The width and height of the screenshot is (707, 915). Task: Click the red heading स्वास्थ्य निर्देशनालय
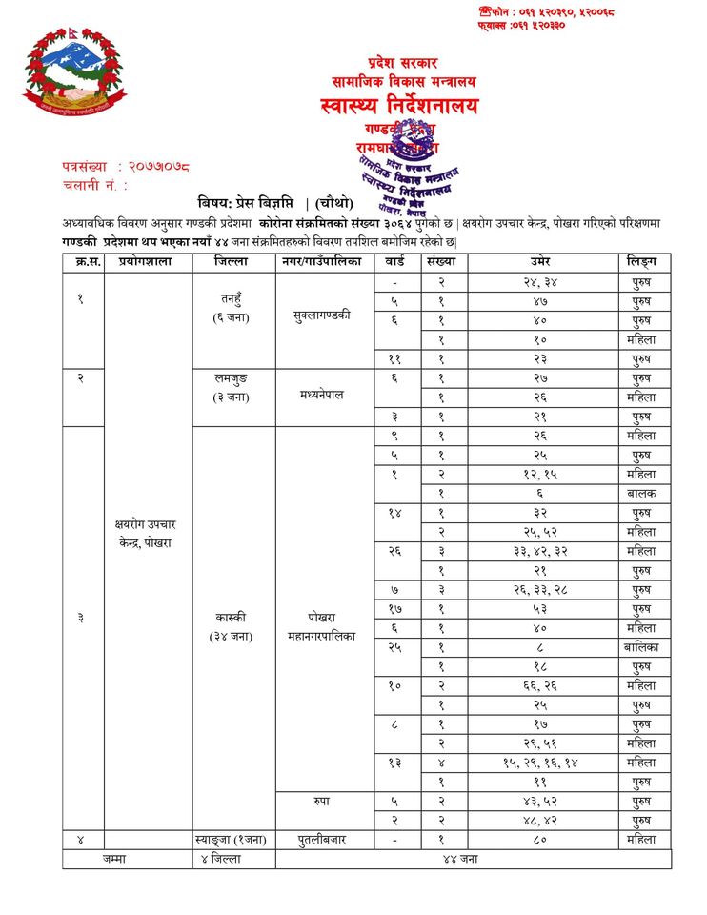point(399,106)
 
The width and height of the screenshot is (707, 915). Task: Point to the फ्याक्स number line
point(521,25)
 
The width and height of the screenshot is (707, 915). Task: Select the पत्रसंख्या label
point(87,167)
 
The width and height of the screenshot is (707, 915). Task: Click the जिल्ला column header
point(233,261)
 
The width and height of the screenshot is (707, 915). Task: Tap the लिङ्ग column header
point(641,261)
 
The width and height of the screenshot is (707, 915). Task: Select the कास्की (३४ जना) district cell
point(233,626)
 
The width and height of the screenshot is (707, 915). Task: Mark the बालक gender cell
point(641,493)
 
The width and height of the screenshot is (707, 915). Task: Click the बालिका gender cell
point(641,647)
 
